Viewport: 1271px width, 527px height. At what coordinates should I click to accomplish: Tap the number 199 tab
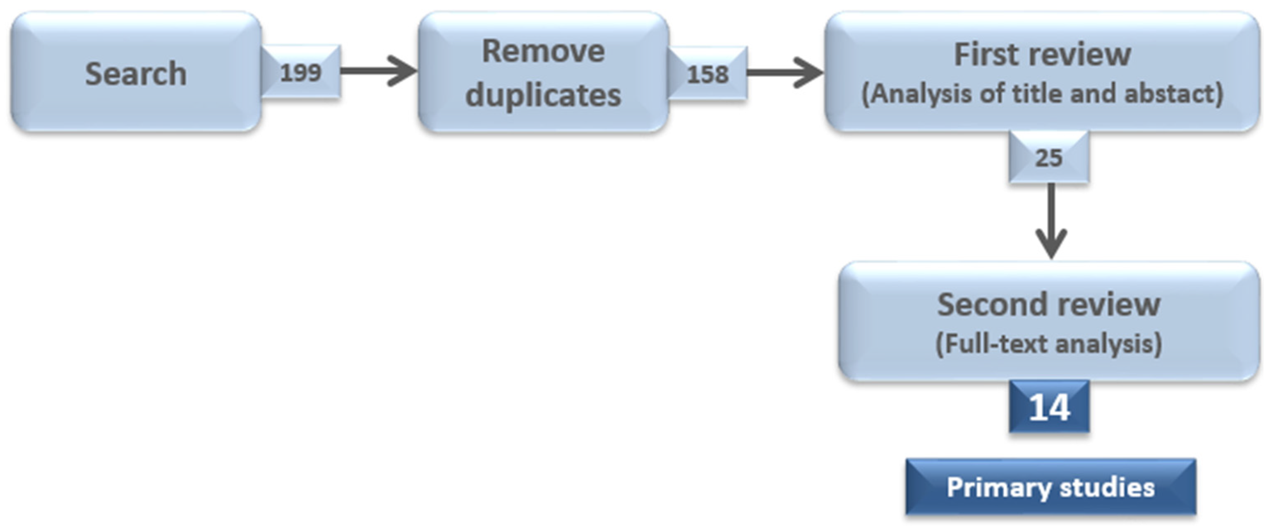click(x=300, y=72)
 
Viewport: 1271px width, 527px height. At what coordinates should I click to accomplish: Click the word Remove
click(x=543, y=51)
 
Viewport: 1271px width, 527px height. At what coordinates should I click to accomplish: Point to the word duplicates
click(x=543, y=95)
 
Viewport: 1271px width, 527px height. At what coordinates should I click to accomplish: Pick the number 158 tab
click(x=707, y=74)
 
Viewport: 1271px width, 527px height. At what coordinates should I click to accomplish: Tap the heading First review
click(x=1042, y=54)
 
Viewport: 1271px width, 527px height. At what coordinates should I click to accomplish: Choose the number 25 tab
click(x=1048, y=158)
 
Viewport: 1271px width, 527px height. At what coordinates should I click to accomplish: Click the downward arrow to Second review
click(x=1051, y=222)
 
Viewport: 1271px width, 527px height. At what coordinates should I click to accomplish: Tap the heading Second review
click(x=1048, y=304)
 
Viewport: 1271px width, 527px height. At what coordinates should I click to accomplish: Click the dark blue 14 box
click(x=1049, y=407)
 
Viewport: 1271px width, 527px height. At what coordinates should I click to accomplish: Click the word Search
click(x=136, y=74)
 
